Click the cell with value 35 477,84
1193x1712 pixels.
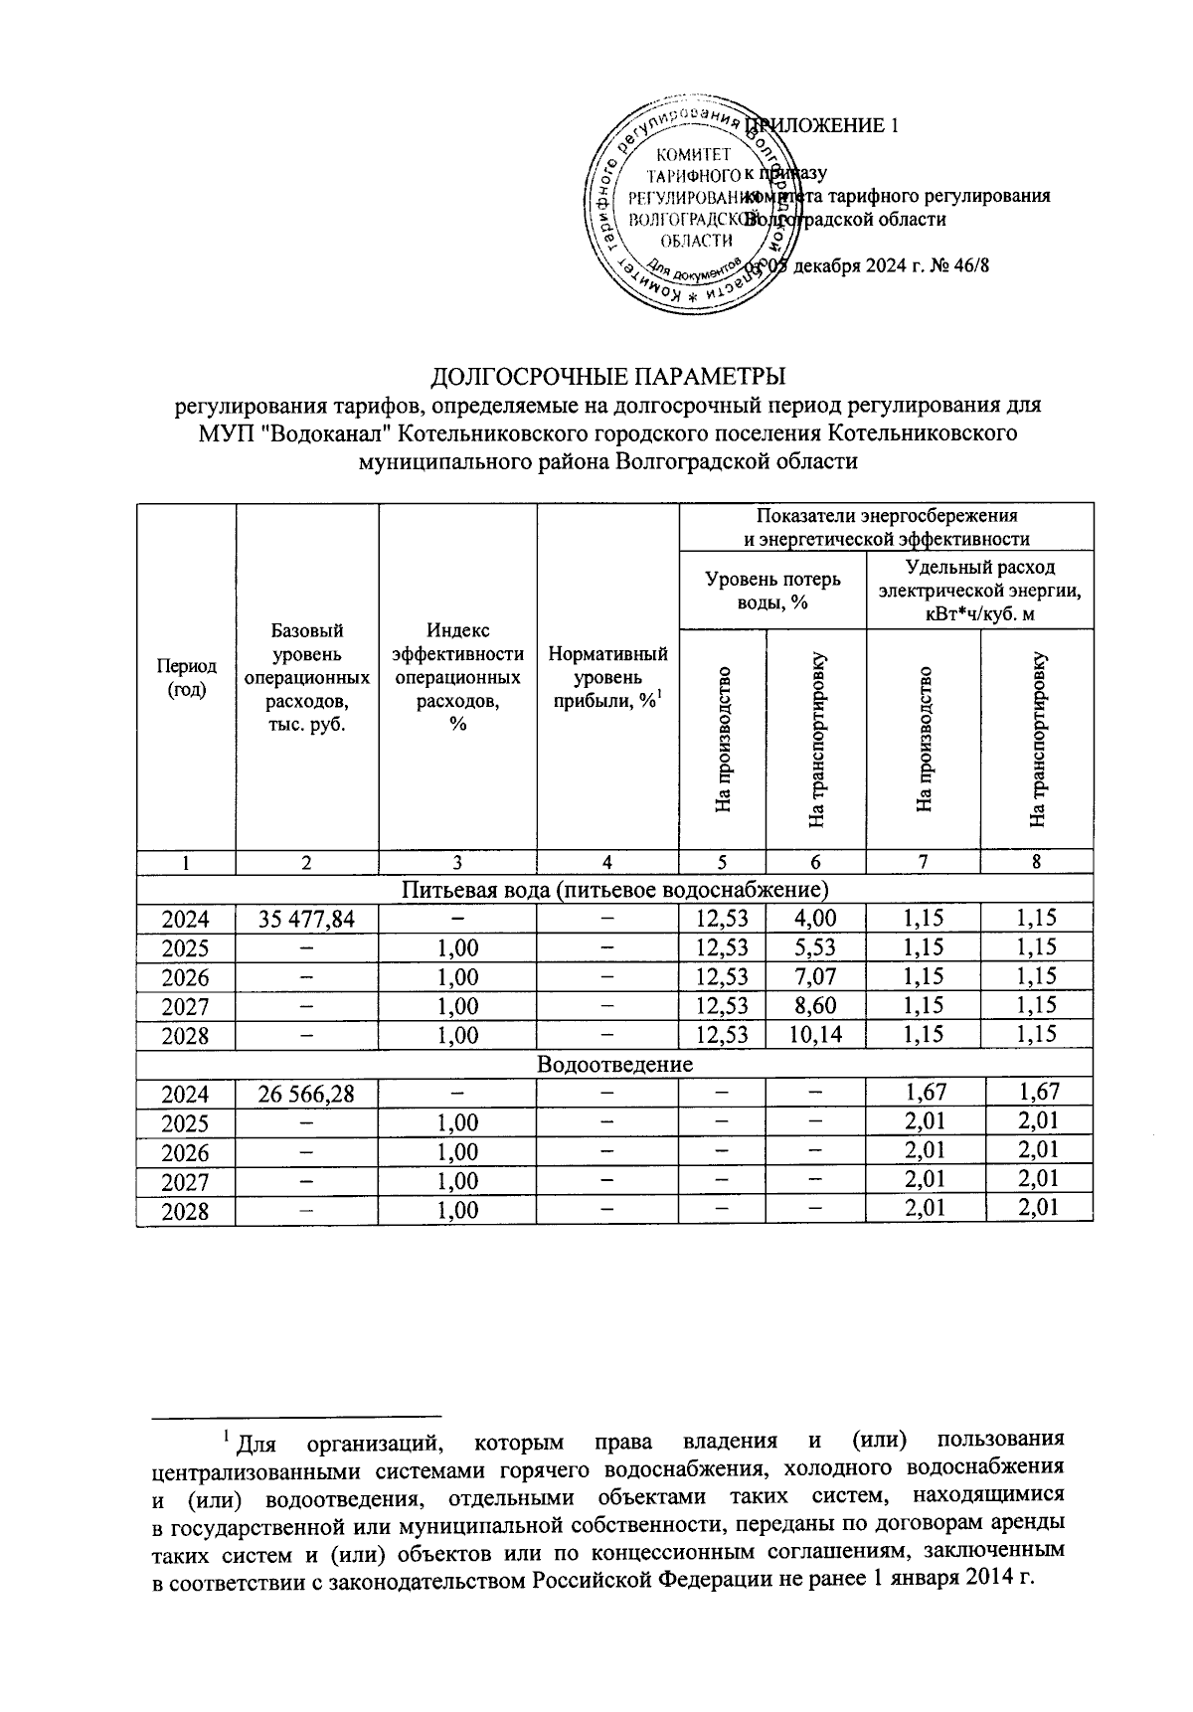(x=306, y=919)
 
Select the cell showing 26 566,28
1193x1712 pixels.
(x=306, y=1094)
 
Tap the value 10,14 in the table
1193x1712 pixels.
(x=815, y=1035)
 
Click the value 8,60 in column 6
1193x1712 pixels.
(x=815, y=1006)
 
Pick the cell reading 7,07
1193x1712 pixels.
(x=815, y=976)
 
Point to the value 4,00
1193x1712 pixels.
(x=815, y=919)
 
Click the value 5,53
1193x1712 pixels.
(x=815, y=947)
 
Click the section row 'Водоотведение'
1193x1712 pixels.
(x=614, y=1064)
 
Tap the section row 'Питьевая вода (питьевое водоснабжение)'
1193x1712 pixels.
(x=614, y=888)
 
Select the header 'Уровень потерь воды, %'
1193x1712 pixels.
(x=772, y=591)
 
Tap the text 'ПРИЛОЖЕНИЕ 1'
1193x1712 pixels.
(x=825, y=126)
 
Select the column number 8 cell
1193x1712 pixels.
(x=1036, y=863)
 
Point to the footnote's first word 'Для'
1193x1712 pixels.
(x=257, y=1443)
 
